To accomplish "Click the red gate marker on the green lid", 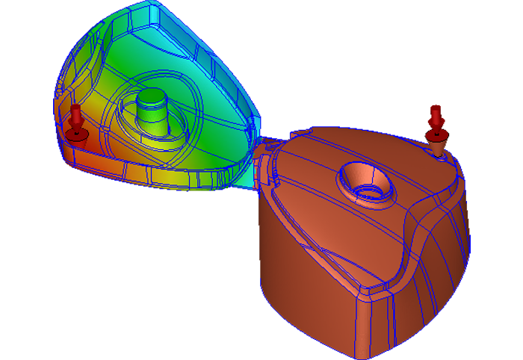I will [x=75, y=123].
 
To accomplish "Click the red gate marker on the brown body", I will [x=436, y=127].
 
